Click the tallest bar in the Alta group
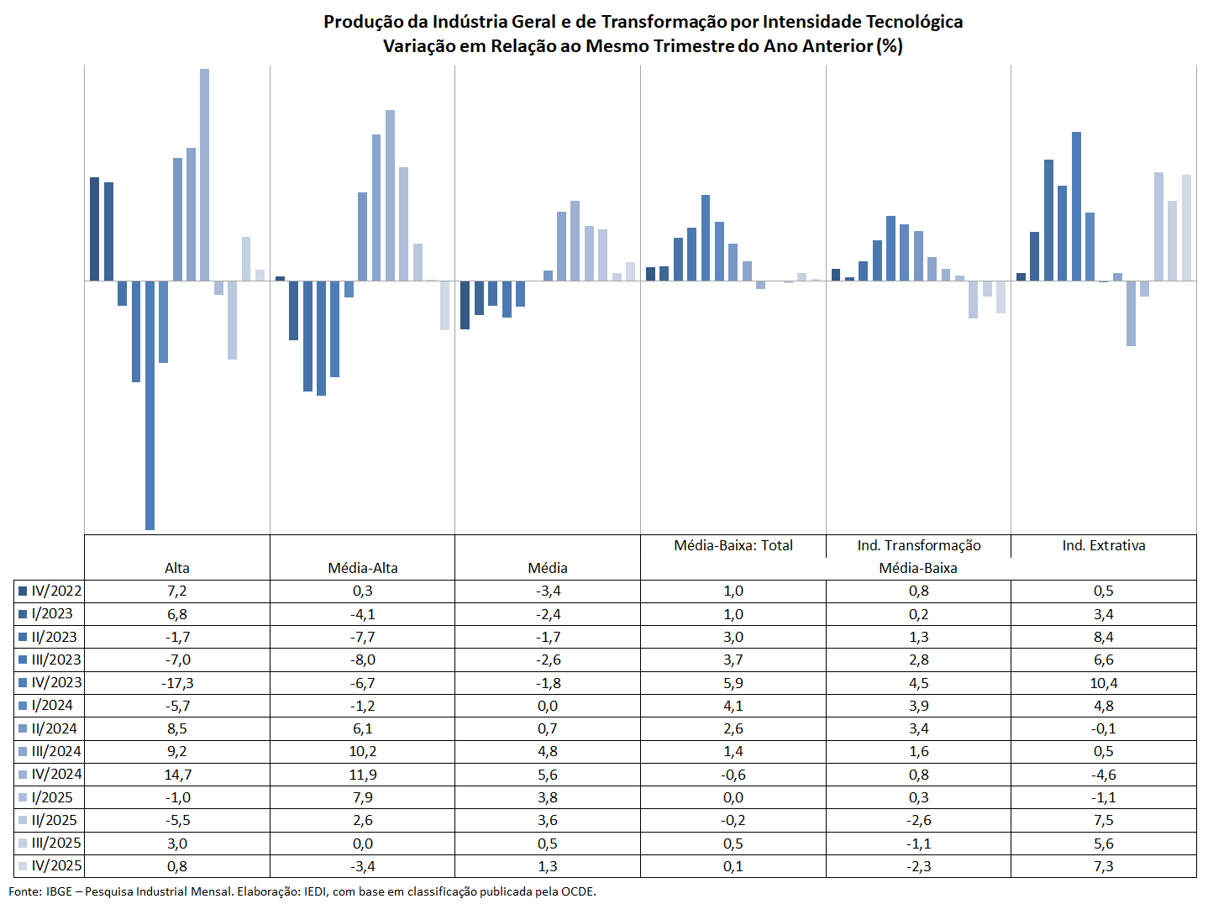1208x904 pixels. point(204,175)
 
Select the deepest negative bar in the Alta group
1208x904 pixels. point(150,405)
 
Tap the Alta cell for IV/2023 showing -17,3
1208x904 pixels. point(177,683)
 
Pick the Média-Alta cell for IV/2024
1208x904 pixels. point(363,775)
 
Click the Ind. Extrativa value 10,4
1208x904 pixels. point(1104,683)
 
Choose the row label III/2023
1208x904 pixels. point(56,660)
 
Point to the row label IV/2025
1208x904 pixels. point(56,865)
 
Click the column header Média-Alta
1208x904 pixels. point(363,568)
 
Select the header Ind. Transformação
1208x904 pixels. point(919,545)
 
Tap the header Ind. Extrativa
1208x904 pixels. point(1104,545)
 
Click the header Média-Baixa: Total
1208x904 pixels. point(733,545)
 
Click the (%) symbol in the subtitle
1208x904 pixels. point(890,46)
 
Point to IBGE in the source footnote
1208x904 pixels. point(59,891)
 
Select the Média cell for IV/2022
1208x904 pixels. point(548,591)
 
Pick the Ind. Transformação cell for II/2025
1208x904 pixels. point(919,820)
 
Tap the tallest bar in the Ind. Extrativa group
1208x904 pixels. point(1076,206)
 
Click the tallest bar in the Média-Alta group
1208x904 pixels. point(390,195)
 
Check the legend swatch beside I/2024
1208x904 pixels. point(24,706)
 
